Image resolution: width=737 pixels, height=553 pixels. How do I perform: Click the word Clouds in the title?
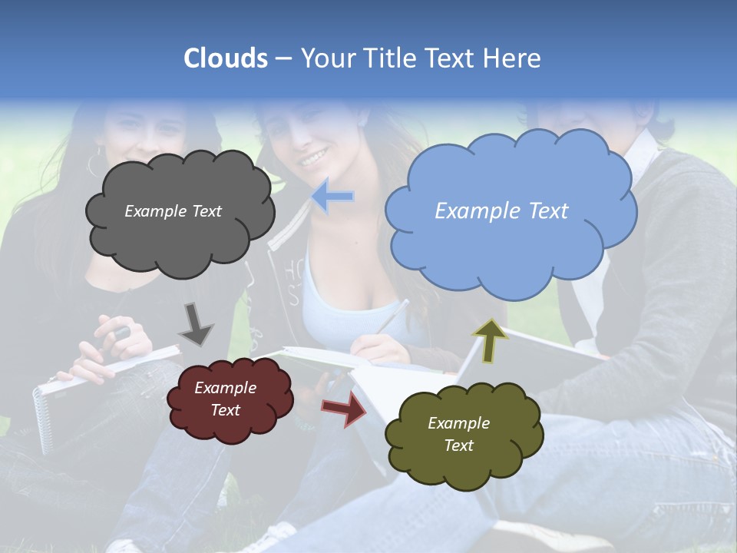pos(226,58)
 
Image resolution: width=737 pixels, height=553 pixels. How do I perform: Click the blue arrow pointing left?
pos(332,197)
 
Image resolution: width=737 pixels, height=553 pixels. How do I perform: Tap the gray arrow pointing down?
pos(195,323)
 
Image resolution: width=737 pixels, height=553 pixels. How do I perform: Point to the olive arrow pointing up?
pos(491,341)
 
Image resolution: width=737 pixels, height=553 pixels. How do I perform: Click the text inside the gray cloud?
pos(173,211)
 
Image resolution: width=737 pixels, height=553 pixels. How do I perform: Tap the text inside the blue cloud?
pos(501,211)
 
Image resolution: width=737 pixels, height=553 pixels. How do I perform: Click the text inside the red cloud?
pos(226,399)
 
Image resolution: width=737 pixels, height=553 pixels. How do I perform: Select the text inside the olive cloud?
pos(458,434)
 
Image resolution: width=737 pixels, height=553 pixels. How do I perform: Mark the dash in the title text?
pos(283,59)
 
